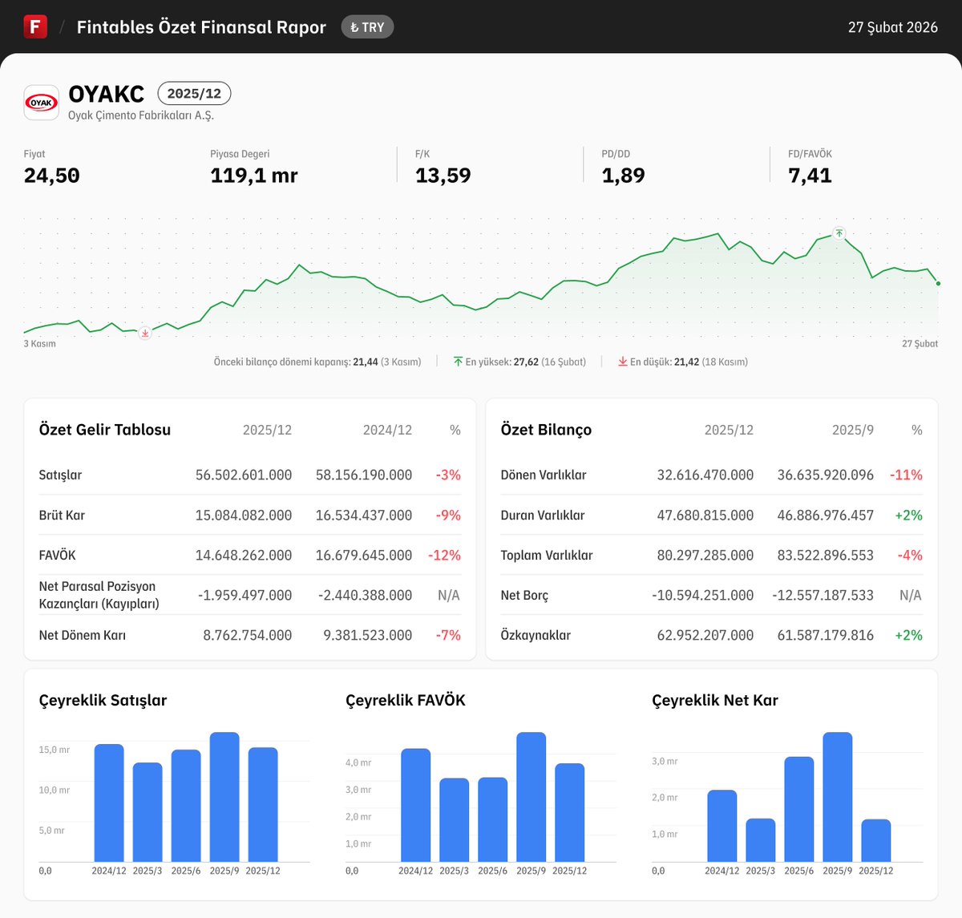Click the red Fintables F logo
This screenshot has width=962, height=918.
pos(35,26)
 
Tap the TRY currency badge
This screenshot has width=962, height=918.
pos(367,27)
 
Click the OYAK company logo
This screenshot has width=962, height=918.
pos(41,103)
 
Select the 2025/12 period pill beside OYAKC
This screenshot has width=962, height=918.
pos(194,94)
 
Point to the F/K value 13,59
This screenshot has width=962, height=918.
pos(443,176)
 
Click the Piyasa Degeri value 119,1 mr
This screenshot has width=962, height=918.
pos(253,176)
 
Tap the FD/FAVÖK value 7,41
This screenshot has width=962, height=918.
pos(810,176)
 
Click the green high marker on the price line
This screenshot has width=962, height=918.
pos(839,233)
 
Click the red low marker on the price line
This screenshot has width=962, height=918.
pos(144,333)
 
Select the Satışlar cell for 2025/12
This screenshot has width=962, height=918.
pos(244,475)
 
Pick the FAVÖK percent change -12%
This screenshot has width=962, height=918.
pos(444,555)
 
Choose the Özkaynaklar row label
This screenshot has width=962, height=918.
pos(536,635)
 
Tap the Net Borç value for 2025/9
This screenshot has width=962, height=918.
pos(823,595)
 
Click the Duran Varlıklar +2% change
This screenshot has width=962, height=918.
pos(908,515)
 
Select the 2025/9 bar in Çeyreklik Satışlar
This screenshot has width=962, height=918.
pos(224,797)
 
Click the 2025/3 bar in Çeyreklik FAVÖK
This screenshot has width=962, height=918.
pos(454,819)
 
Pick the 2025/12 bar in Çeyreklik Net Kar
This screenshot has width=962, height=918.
pos(875,840)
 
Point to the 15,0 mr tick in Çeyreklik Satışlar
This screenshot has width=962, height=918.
pos(54,750)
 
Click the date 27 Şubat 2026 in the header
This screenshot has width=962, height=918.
pos(892,27)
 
